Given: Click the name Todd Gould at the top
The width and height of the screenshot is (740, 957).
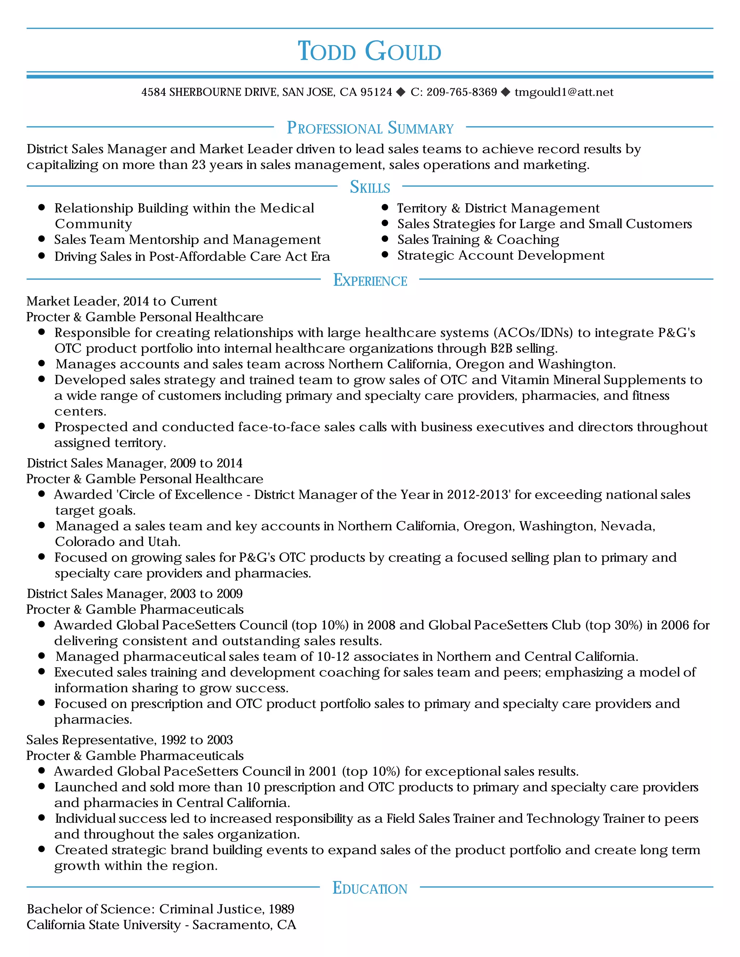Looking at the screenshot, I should click(370, 51).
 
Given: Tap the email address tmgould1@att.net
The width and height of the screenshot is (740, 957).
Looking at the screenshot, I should click(564, 92).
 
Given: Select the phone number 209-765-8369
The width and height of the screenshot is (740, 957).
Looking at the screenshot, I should click(462, 92).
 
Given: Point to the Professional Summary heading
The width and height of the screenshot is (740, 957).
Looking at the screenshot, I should click(370, 128).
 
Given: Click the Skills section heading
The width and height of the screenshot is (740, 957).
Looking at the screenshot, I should click(370, 187).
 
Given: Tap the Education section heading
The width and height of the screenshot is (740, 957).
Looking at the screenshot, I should click(370, 888).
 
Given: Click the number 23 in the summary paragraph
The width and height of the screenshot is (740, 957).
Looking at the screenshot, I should click(199, 165).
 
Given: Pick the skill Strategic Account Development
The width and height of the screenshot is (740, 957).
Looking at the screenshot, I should click(501, 255).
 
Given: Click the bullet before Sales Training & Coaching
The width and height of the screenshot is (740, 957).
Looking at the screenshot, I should click(385, 239).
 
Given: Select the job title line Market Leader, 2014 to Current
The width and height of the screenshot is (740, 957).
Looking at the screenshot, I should click(121, 302).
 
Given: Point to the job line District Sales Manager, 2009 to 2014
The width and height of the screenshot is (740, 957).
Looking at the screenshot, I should click(134, 463).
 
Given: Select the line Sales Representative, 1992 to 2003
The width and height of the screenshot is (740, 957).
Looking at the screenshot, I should click(129, 740).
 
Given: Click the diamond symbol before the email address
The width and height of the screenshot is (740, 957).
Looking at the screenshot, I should click(505, 92).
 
